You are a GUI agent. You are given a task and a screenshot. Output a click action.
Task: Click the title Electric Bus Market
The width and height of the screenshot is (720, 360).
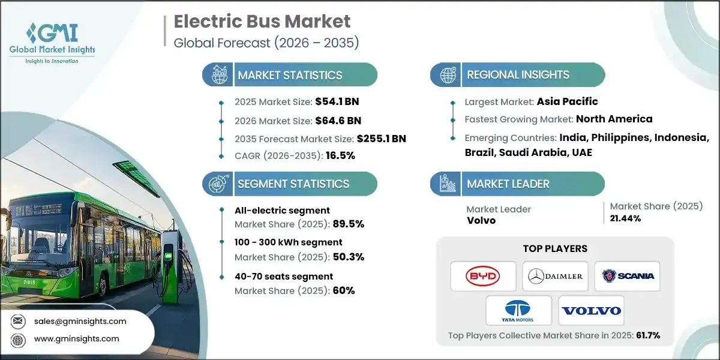tap(262, 22)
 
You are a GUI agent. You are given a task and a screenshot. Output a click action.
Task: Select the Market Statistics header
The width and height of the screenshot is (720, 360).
tap(290, 75)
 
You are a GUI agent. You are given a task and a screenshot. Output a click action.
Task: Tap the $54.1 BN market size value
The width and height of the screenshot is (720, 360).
tap(337, 101)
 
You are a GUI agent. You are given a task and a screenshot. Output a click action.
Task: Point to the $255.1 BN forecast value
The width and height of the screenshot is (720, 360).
tap(381, 139)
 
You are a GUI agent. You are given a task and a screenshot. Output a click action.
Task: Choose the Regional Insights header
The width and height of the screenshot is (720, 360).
tap(518, 75)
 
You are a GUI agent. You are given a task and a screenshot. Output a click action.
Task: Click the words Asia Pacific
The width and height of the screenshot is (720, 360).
tap(567, 101)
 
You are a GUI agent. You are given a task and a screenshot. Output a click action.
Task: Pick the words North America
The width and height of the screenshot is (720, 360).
tap(615, 119)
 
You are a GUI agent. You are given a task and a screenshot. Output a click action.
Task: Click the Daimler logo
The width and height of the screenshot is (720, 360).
tap(555, 276)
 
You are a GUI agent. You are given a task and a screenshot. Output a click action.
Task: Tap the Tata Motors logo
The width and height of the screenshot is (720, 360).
tap(519, 310)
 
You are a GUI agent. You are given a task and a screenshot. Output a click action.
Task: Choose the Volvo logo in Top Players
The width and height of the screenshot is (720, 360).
tap(591, 310)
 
